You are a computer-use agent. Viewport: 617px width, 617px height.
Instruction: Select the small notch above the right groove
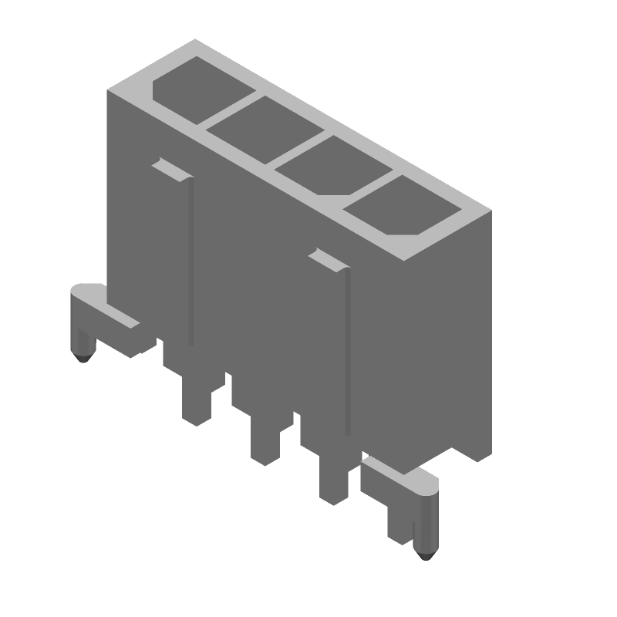(x=326, y=259)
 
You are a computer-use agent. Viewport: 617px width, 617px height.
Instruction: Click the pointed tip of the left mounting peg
(x=83, y=359)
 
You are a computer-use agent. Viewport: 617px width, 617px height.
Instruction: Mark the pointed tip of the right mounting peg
(x=422, y=555)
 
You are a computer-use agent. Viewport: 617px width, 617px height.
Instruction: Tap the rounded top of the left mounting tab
(x=86, y=292)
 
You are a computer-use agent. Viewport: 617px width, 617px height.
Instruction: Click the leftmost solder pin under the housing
(x=196, y=401)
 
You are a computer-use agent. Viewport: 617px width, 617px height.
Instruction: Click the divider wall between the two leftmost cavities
(x=232, y=108)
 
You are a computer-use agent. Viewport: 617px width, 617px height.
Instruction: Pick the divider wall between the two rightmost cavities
(x=362, y=184)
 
